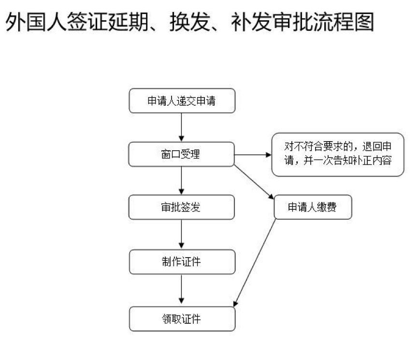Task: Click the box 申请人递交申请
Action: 182,101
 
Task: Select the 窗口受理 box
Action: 182,154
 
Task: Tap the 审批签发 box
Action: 182,207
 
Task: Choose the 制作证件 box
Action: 182,262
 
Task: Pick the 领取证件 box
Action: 182,319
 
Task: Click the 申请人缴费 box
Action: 313,207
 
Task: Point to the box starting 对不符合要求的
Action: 338,155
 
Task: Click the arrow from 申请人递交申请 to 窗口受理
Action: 182,128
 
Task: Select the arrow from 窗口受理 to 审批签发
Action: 182,181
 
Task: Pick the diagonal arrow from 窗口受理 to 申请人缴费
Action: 254,182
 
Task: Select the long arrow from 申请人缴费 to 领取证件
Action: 255,263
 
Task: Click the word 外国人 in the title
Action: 36,22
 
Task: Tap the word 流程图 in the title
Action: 344,22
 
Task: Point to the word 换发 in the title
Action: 190,22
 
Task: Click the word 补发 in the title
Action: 251,22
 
